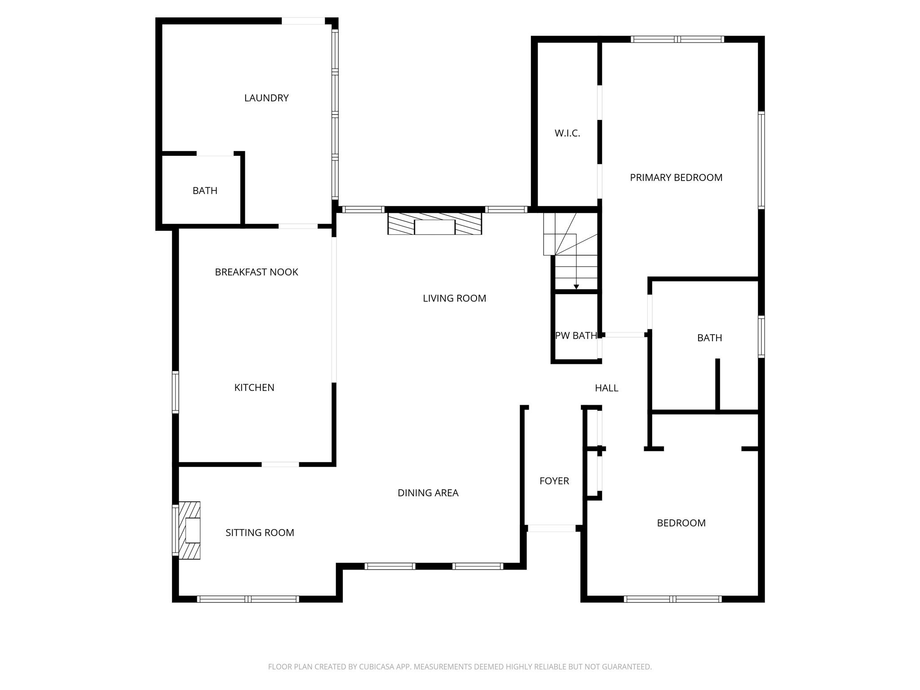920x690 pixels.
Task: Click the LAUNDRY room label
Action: point(266,98)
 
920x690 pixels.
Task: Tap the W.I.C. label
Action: point(567,133)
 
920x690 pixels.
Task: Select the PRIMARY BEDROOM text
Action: point(676,177)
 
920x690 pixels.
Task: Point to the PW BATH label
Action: point(576,336)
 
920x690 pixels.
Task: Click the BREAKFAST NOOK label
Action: point(257,272)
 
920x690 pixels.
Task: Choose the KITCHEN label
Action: point(254,388)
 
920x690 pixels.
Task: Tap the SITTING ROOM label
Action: point(260,533)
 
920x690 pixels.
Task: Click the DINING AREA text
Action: point(428,493)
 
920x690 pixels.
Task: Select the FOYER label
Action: point(554,481)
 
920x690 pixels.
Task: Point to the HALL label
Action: point(606,388)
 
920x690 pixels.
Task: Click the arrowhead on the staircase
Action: point(576,287)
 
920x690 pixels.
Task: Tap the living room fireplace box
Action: point(434,227)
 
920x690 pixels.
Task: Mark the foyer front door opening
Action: point(551,528)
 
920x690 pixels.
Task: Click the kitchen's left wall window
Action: point(176,392)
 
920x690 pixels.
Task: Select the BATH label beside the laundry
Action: point(205,191)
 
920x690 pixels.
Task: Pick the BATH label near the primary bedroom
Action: point(709,338)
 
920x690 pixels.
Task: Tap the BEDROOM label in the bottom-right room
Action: point(681,523)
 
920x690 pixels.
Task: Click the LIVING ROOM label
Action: point(454,298)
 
